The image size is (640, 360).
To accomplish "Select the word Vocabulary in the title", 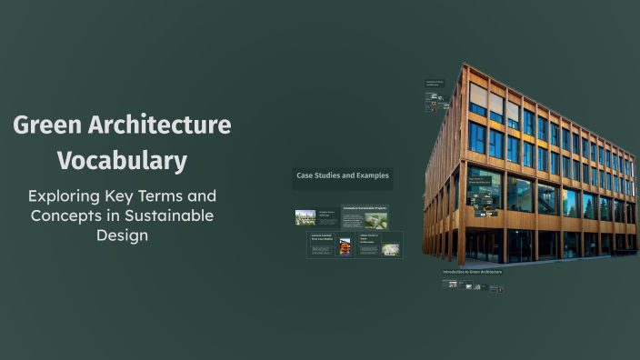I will click(x=122, y=160).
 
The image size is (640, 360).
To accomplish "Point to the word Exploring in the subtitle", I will click(x=66, y=195).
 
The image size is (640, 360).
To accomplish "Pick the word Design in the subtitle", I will click(x=122, y=235).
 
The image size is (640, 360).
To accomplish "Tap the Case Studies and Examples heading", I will click(x=342, y=175).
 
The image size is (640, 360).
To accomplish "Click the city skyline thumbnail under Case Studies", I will click(x=305, y=217).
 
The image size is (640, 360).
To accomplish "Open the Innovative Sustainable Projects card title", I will click(x=365, y=208).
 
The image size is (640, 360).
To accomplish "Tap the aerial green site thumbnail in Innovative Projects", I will click(x=375, y=220).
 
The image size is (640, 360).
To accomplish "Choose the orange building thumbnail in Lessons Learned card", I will click(x=345, y=246).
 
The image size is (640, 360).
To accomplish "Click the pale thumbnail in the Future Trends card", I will click(x=391, y=249).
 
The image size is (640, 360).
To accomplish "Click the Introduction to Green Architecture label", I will click(x=472, y=272).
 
